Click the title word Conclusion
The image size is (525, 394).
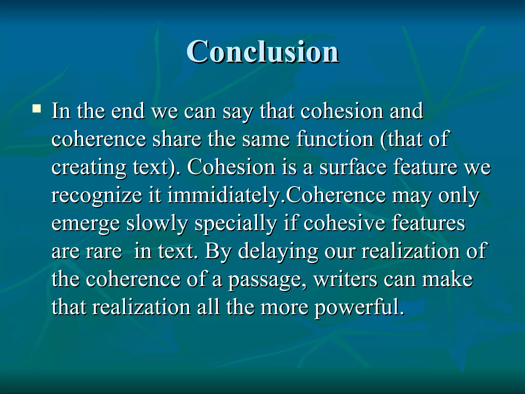(262, 52)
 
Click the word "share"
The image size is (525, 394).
(177, 139)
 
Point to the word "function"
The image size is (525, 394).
(335, 139)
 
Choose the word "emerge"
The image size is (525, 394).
(86, 224)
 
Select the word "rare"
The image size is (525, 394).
(104, 252)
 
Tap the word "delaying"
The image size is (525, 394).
(278, 252)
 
